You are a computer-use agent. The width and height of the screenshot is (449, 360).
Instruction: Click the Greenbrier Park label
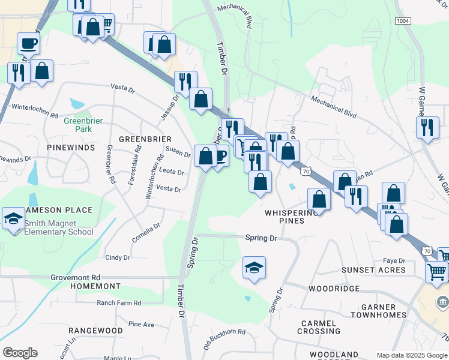83,124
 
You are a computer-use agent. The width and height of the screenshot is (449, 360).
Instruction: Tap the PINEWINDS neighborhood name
71,147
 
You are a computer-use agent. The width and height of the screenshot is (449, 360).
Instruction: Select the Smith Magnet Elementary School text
59,227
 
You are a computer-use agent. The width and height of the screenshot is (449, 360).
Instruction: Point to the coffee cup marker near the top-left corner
28,44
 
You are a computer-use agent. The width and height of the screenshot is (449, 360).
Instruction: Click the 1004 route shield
403,21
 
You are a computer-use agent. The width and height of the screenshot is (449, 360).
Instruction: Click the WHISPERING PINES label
292,217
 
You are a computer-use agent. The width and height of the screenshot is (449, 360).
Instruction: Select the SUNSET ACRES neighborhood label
373,270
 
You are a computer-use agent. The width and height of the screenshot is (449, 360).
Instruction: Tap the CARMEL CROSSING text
319,327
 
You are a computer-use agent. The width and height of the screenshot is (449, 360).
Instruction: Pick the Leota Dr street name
172,172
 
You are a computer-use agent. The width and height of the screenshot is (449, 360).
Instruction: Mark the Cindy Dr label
118,257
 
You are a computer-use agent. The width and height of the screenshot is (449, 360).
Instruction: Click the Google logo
20,353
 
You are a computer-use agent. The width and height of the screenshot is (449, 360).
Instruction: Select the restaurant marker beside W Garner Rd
427,127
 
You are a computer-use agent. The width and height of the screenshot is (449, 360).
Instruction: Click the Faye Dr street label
394,260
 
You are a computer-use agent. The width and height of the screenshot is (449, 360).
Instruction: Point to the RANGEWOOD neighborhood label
95,331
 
